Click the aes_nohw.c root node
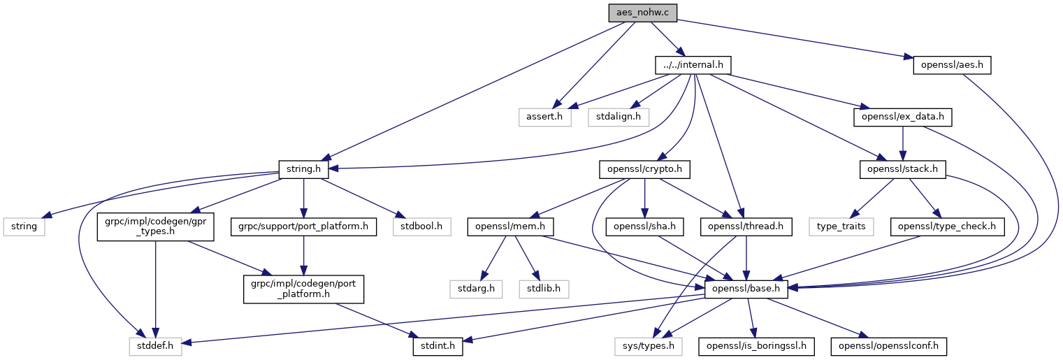[642, 13]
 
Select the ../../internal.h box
[693, 65]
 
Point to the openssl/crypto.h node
[644, 168]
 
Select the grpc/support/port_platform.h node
[303, 227]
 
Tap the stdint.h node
[438, 345]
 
